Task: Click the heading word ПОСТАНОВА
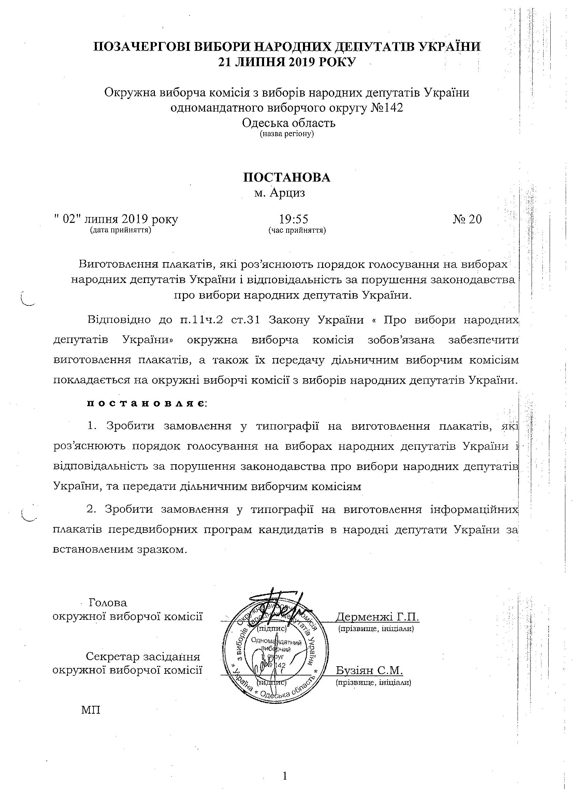(x=287, y=177)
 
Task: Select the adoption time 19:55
(x=294, y=219)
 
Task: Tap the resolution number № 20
(x=467, y=219)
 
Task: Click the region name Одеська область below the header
(x=289, y=123)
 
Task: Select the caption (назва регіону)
(x=287, y=134)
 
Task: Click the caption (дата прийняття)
(x=121, y=230)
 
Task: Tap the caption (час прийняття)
(x=297, y=230)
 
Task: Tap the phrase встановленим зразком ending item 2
(x=118, y=550)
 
